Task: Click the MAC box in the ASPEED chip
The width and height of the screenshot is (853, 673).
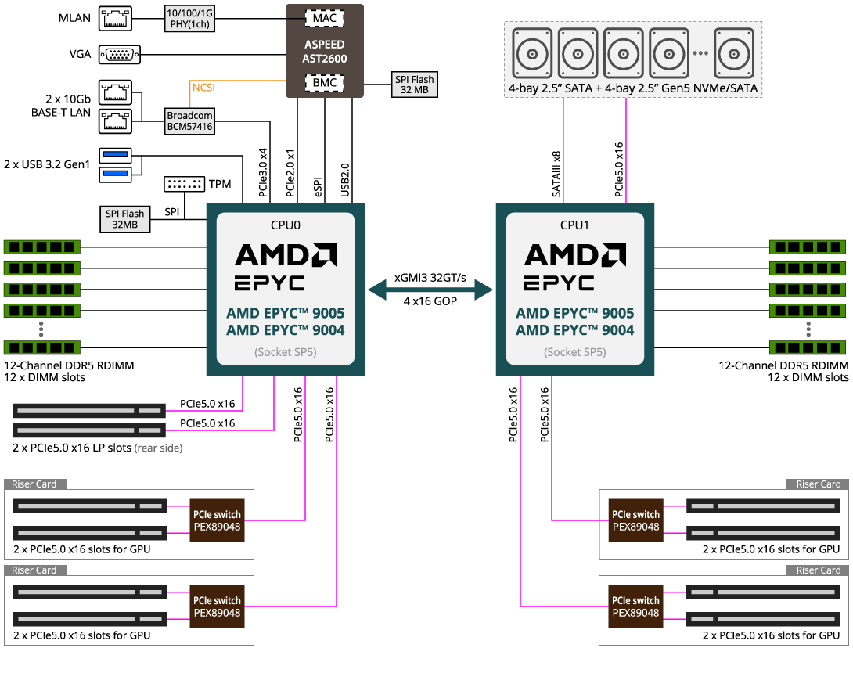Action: [x=325, y=18]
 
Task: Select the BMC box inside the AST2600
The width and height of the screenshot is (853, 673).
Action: [x=325, y=83]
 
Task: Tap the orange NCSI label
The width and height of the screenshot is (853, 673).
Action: [x=203, y=88]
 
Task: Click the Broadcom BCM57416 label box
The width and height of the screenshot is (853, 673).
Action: [x=189, y=121]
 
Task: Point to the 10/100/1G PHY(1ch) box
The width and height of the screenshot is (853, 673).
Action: [x=189, y=19]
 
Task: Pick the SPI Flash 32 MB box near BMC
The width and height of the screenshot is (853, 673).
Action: [x=414, y=85]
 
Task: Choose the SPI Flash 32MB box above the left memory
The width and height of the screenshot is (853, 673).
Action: [x=125, y=219]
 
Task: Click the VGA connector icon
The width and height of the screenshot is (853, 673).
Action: [x=120, y=54]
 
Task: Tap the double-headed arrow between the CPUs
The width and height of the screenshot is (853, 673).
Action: [x=430, y=290]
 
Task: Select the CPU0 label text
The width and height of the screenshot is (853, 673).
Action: [x=286, y=225]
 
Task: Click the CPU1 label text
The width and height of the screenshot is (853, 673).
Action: [x=575, y=225]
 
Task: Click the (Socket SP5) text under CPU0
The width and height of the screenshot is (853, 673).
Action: [x=286, y=352]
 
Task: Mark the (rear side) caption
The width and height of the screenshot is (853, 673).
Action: [x=158, y=448]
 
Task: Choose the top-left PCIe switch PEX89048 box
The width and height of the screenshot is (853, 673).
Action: [x=218, y=520]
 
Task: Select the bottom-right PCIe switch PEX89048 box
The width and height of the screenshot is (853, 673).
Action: [x=635, y=606]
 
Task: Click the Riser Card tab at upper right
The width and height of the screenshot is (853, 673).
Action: [x=819, y=484]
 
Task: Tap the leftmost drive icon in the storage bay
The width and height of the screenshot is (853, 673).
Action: [x=533, y=53]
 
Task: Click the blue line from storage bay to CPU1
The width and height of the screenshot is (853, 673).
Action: [x=563, y=149]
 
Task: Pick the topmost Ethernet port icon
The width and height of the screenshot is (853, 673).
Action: [x=115, y=19]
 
